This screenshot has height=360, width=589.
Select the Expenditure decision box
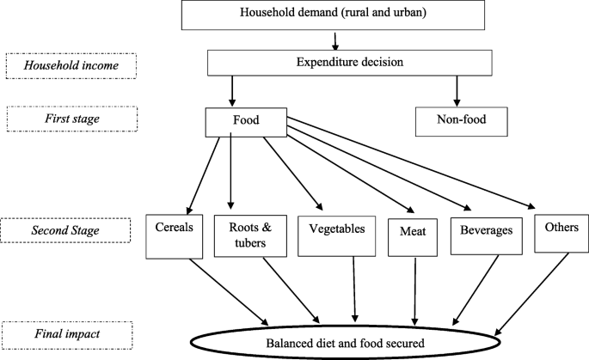348,62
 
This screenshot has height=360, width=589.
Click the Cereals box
169,234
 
